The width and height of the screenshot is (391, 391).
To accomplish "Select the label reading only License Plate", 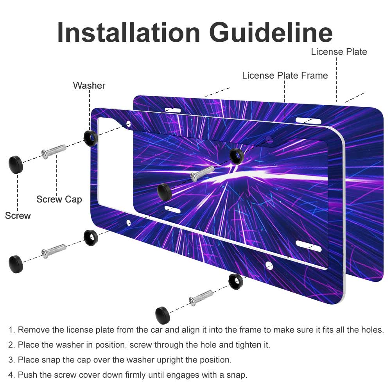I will (339, 52).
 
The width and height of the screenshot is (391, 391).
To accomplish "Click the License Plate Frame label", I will (285, 75).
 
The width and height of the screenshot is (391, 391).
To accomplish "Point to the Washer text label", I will (89, 85).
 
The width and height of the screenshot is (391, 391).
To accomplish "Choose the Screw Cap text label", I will (59, 199).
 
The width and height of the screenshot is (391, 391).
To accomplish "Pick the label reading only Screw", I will (18, 215).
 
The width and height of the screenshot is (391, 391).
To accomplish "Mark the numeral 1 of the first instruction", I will (11, 330).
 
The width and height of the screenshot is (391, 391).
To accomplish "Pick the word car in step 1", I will (143, 330).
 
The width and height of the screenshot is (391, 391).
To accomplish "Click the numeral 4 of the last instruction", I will (11, 375).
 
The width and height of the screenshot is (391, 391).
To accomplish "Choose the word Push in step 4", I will (26, 375).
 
